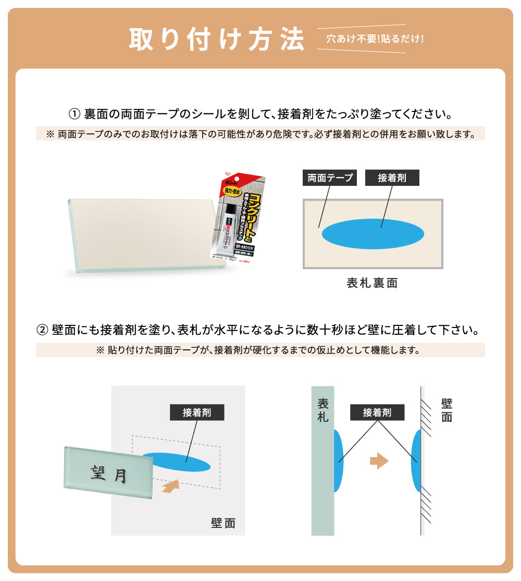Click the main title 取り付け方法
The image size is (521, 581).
coord(216,39)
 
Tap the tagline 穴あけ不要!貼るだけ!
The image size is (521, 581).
coord(375,39)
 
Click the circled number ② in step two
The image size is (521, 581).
coord(43,330)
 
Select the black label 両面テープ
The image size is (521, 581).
coord(330,178)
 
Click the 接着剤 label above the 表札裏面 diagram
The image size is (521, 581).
coord(392,178)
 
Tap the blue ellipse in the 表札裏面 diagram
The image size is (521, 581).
coord(373,233)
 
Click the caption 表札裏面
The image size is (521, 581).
coord(373,283)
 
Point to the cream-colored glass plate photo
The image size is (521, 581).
coord(141,234)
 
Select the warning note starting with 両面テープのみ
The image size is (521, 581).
coord(260,134)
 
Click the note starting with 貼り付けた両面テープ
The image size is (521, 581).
coord(260,350)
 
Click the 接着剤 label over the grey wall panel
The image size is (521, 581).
coord(196,413)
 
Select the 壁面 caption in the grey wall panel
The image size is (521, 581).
coord(223,523)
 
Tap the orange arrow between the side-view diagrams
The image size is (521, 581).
coord(379,460)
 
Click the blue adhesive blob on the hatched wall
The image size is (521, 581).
coord(416,461)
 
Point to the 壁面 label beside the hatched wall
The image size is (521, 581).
coord(446,410)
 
